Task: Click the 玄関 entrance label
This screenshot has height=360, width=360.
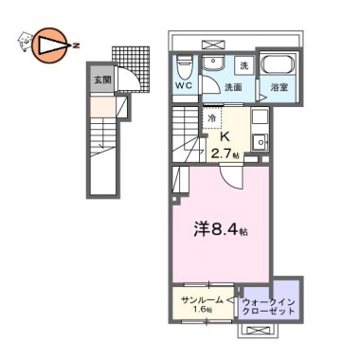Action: coord(102,80)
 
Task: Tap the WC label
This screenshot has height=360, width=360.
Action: coord(185,86)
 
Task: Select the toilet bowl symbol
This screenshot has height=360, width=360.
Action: coord(183,66)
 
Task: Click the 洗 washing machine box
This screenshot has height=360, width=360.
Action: coord(244,66)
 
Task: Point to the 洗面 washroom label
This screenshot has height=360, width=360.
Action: coord(233,87)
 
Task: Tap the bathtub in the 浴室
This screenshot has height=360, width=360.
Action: coord(279,65)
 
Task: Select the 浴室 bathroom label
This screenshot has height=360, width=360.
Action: coord(279,87)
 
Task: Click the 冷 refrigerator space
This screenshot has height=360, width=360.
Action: coord(212,118)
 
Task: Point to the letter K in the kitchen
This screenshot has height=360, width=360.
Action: coord(225,137)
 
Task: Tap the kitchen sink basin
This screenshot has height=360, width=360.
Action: coord(261,142)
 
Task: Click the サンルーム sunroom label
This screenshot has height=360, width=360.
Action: coord(203,300)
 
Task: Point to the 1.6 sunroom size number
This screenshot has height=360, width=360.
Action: coord(201,310)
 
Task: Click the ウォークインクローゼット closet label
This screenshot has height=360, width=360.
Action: coord(268,306)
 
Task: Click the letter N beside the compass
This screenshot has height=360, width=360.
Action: coord(75,45)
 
